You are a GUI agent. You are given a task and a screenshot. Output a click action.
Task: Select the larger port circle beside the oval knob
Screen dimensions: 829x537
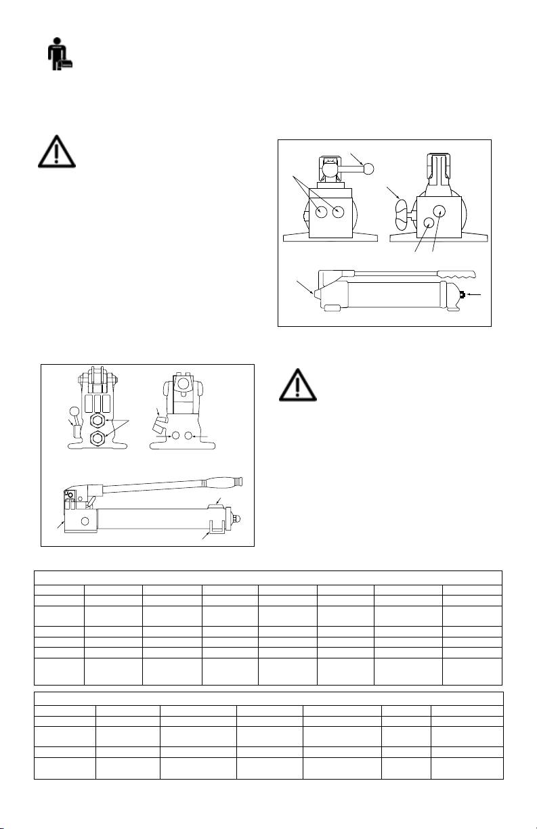pos(439,210)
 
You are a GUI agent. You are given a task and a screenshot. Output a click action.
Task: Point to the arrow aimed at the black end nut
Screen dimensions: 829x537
pos(475,294)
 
